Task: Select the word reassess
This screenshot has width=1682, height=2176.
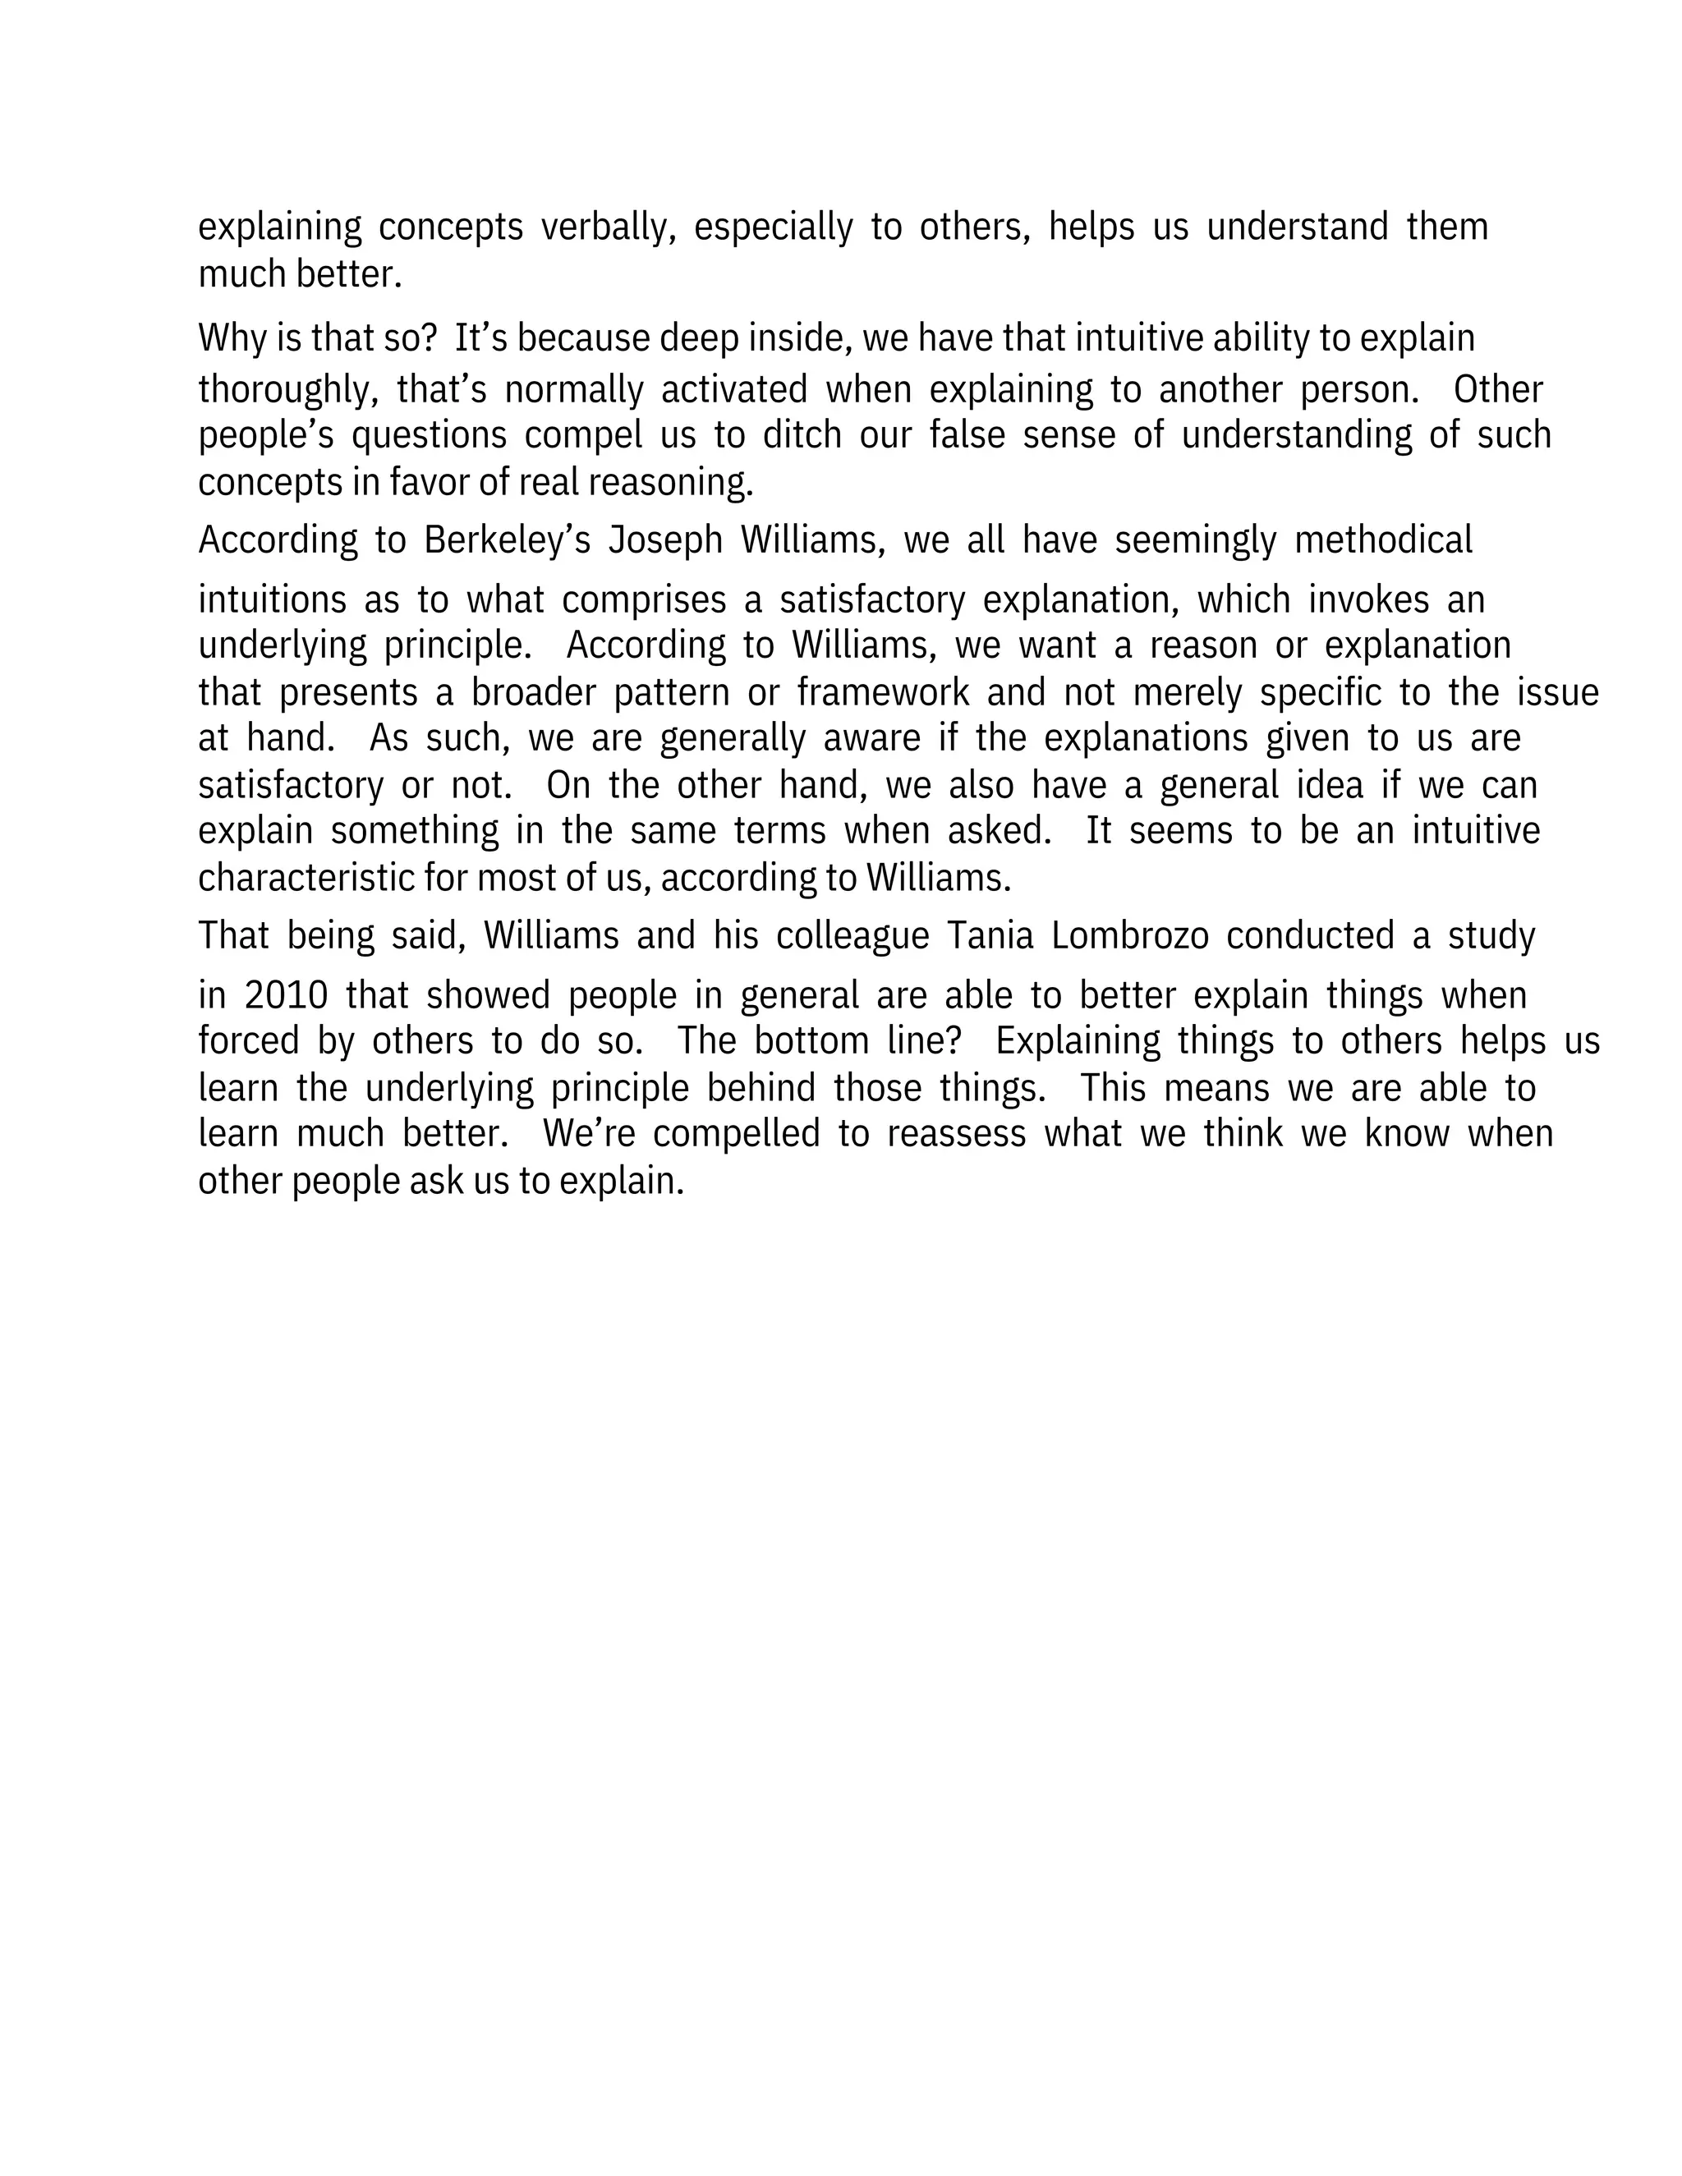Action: (x=956, y=1134)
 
